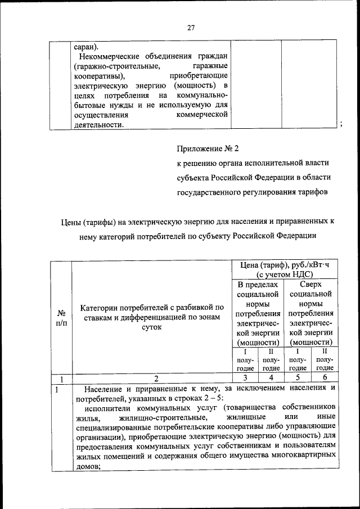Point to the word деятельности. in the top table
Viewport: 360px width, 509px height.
(98, 124)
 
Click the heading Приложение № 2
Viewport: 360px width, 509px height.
(208, 149)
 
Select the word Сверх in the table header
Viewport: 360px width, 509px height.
(310, 285)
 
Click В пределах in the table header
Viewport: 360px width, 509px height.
(258, 285)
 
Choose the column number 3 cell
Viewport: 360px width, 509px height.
(245, 378)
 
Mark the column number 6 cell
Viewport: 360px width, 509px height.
(325, 378)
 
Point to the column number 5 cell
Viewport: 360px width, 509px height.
(297, 378)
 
